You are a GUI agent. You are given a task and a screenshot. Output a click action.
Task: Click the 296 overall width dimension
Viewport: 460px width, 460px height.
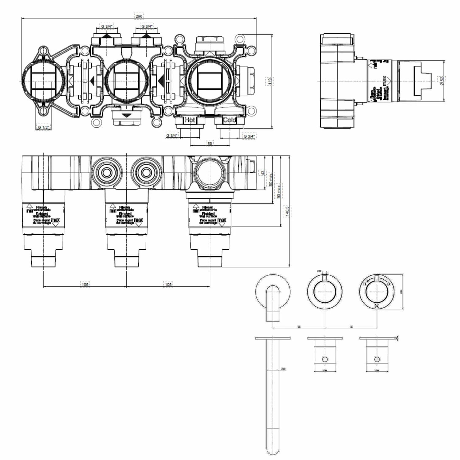point(139,16)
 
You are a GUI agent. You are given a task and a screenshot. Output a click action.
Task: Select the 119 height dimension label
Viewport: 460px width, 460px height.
point(269,81)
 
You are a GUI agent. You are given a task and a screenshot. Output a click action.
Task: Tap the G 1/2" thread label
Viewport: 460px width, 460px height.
point(44,127)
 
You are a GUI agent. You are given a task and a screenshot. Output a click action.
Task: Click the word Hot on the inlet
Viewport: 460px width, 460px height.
point(190,120)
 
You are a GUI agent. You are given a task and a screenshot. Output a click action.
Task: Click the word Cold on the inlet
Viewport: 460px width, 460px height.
point(229,120)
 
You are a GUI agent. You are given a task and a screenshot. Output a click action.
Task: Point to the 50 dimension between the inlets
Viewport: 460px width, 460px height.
point(210,143)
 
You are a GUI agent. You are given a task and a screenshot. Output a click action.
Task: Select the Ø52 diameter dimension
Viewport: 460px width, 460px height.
point(442,81)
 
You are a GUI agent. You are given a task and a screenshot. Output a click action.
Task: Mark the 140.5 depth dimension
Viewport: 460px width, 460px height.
point(287,211)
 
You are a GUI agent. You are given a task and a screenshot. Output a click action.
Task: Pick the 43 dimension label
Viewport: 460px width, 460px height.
point(263,173)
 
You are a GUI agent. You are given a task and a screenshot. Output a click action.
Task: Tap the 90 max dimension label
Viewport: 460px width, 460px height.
point(278,191)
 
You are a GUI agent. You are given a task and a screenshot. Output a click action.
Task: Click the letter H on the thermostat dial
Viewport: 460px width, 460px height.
point(365,284)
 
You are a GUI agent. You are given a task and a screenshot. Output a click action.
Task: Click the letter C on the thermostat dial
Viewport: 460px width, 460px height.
point(389,284)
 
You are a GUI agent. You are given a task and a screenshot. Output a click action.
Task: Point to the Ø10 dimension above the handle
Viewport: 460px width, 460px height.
point(319,271)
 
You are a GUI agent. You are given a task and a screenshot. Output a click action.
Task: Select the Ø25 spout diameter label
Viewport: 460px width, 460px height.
point(283,369)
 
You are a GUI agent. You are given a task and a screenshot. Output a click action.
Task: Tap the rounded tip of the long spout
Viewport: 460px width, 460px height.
point(273,451)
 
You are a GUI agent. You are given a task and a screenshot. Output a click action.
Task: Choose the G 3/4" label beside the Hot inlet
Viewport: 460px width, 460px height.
point(172,135)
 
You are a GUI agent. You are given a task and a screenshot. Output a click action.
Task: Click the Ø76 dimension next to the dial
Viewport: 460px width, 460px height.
point(401,292)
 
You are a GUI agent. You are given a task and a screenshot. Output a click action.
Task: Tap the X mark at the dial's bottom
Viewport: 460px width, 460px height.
point(377,305)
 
